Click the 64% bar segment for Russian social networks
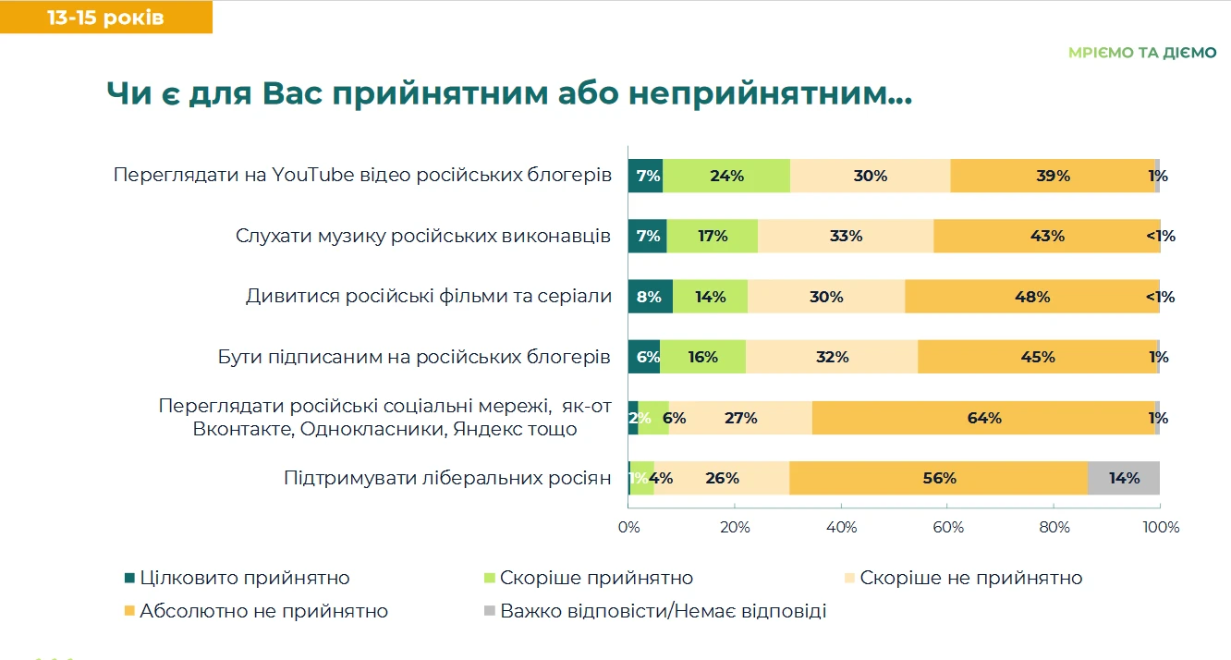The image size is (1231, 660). [983, 418]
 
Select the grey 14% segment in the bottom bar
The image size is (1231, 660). [1123, 478]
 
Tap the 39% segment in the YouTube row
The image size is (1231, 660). [1052, 176]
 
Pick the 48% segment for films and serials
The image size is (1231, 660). [1031, 297]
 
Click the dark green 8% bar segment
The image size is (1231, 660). [650, 297]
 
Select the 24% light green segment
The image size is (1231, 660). [726, 176]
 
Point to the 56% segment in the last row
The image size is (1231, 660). [938, 478]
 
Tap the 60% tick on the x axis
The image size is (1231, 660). [948, 528]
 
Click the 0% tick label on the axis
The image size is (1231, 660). [628, 528]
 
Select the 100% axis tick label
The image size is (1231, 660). [1160, 528]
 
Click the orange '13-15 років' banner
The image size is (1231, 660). [105, 18]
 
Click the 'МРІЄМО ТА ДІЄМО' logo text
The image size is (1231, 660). [1142, 53]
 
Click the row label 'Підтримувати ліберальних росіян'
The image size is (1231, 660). [447, 478]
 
